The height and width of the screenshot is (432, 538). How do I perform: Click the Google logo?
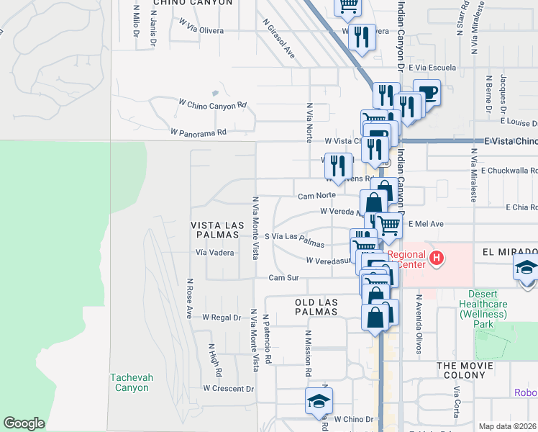click(24, 423)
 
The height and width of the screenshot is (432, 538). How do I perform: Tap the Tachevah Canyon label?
click(129, 382)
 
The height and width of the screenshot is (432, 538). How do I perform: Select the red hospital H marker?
click(435, 257)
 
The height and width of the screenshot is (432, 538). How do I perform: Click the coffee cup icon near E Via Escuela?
click(427, 92)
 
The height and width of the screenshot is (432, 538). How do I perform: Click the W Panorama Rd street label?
click(199, 132)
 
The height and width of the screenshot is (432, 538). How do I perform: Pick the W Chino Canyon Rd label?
click(213, 105)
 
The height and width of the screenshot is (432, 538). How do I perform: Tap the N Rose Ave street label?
click(190, 299)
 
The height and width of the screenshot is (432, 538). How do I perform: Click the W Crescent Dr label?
click(228, 389)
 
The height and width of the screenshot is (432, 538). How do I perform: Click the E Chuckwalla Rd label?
click(509, 171)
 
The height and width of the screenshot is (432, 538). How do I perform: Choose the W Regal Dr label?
click(221, 317)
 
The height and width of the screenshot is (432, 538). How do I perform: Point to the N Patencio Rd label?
click(266, 338)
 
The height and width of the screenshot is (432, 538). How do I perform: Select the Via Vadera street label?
click(215, 253)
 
